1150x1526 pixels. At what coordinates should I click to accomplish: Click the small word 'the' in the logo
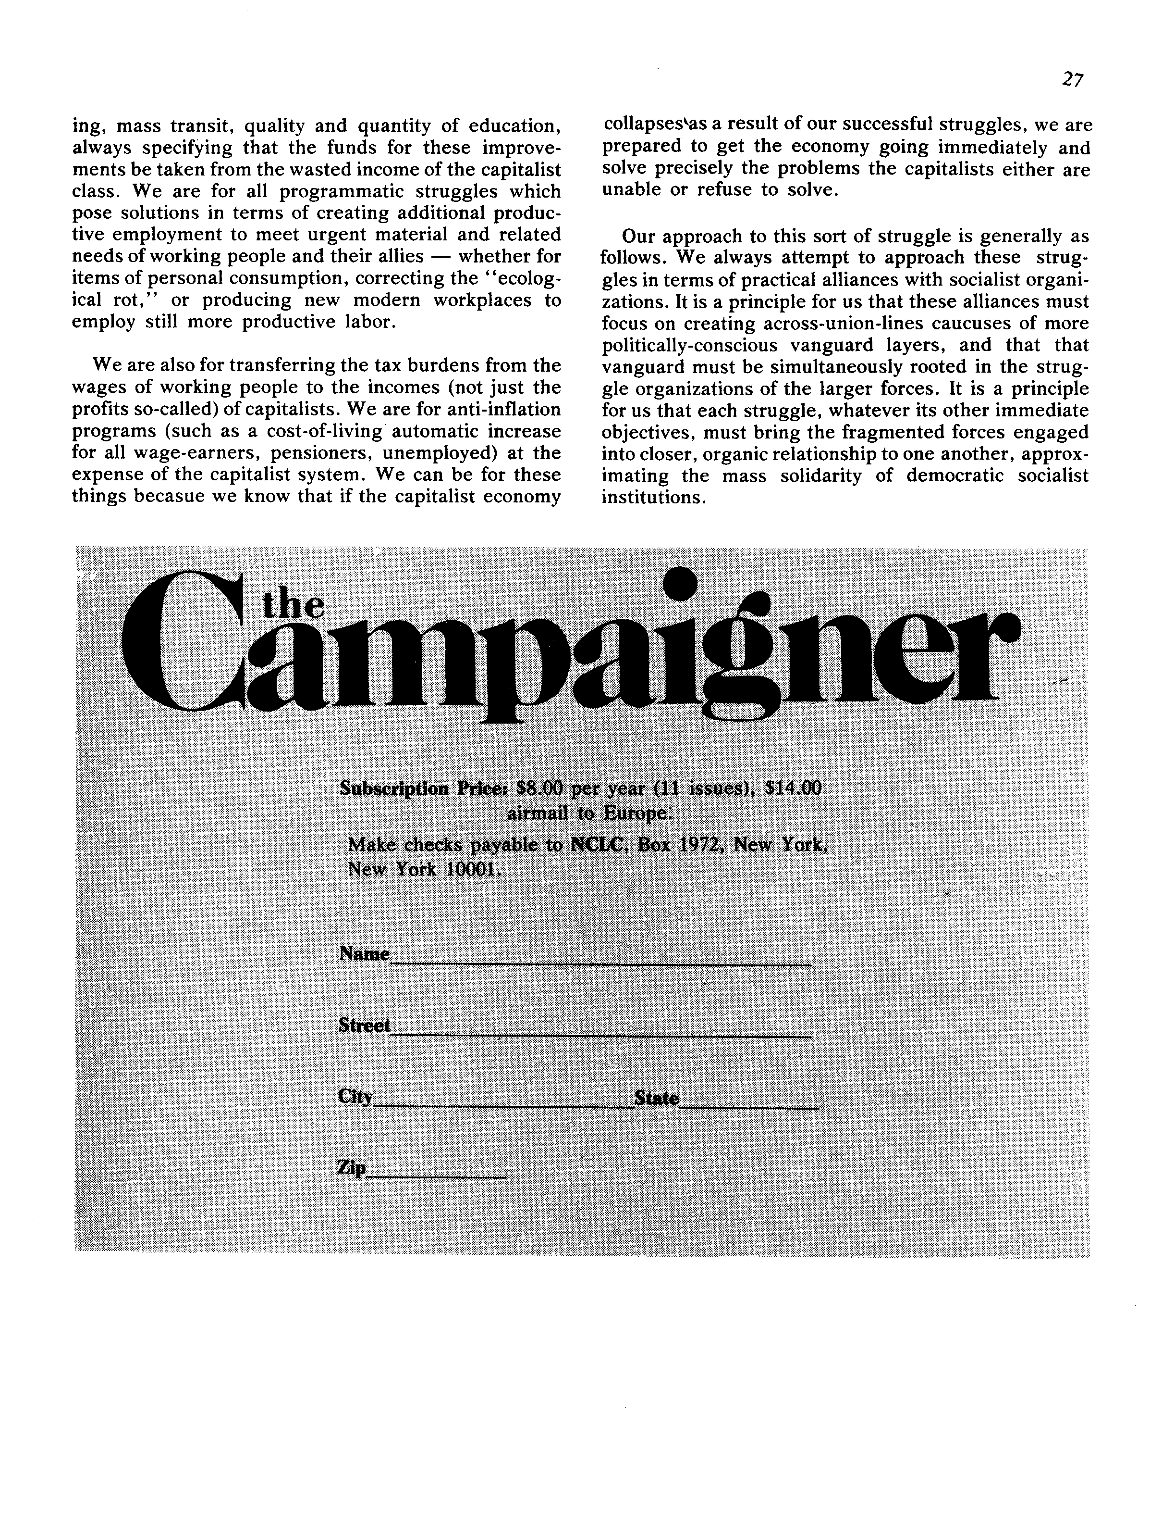pyautogui.click(x=293, y=605)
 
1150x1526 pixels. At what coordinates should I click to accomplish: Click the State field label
pyautogui.click(x=656, y=1098)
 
